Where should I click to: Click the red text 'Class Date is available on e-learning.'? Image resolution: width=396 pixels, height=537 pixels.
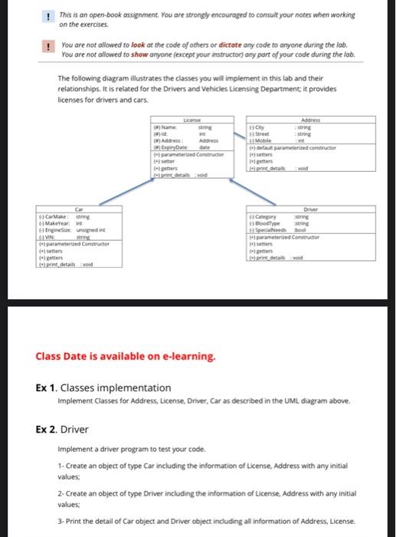click(x=126, y=356)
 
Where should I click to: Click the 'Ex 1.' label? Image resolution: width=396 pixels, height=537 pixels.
click(x=47, y=387)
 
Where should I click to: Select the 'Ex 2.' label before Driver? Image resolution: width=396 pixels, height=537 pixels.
click(x=47, y=428)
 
